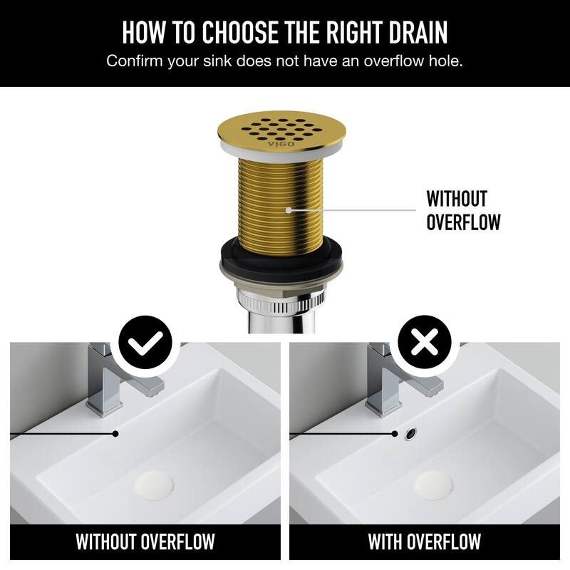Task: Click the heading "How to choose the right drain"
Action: pyautogui.click(x=285, y=33)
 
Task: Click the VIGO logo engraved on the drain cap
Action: pyautogui.click(x=275, y=143)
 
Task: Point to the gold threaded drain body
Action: pyautogui.click(x=285, y=199)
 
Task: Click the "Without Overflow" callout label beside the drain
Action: pyautogui.click(x=463, y=210)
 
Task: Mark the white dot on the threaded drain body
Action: pyautogui.click(x=289, y=209)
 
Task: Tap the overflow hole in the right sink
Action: pyautogui.click(x=410, y=432)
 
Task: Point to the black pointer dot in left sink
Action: pyautogui.click(x=115, y=432)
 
